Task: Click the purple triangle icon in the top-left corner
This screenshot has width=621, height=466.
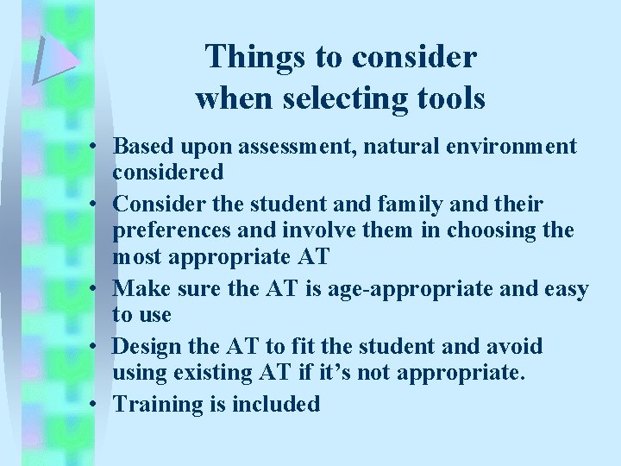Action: click(55, 59)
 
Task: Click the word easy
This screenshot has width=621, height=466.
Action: click(565, 289)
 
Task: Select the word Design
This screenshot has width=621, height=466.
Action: click(147, 346)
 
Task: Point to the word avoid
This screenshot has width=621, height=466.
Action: click(512, 346)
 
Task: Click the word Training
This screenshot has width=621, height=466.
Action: click(155, 403)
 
